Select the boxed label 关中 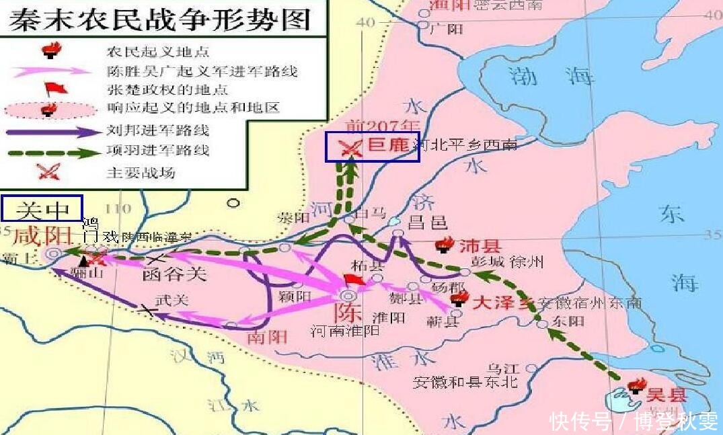pyautogui.click(x=42, y=209)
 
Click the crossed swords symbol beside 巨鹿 pyautogui.click(x=350, y=147)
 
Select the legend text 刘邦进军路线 pyautogui.click(x=157, y=130)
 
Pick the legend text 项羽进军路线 pyautogui.click(x=157, y=151)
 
